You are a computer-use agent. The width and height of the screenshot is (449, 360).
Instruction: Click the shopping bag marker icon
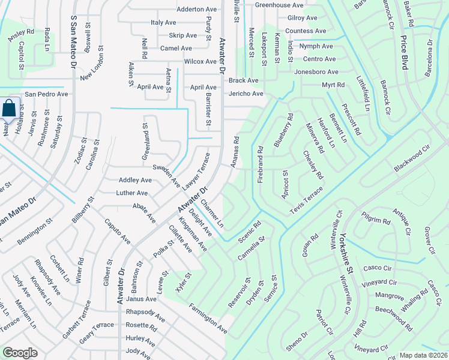pyautogui.click(x=10, y=109)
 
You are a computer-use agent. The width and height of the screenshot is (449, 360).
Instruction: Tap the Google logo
pyautogui.click(x=20, y=353)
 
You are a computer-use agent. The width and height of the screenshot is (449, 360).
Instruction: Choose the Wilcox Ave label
pyautogui.click(x=200, y=61)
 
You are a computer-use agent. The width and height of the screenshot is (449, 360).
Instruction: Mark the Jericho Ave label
pyautogui.click(x=245, y=94)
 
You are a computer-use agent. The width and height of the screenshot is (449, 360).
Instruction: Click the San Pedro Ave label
pyautogui.click(x=46, y=94)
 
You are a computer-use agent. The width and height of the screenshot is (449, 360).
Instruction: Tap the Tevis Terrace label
pyautogui.click(x=306, y=199)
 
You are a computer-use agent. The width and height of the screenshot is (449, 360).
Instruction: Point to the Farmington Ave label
pyautogui.click(x=208, y=320)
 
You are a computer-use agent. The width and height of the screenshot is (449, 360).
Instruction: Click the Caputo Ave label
pyautogui.click(x=118, y=230)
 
